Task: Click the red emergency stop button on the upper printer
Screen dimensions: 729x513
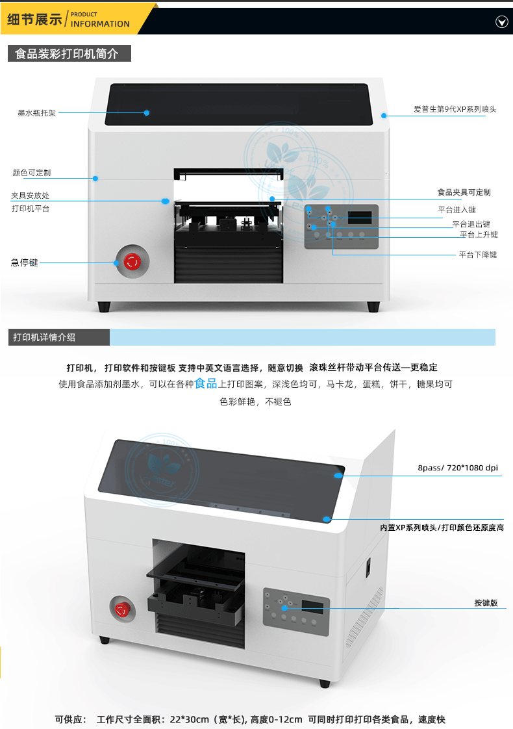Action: pos(132,261)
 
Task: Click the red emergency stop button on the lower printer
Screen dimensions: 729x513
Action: pos(121,609)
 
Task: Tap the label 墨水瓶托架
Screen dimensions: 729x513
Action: pos(37,113)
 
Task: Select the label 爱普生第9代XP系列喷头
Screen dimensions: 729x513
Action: pos(455,109)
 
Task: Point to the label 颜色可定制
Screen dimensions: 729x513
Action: pos(32,173)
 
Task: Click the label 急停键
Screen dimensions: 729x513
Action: pos(25,262)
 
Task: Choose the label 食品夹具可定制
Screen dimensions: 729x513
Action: pos(464,192)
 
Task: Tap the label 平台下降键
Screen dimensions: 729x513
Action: pos(477,255)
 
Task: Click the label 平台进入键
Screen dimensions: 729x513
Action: pos(457,210)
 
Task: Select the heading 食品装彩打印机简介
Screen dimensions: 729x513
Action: pos(67,54)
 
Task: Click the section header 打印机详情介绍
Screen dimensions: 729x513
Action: pos(44,337)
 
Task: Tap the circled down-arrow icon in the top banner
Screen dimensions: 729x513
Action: pos(501,22)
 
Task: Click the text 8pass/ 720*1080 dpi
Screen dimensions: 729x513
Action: pos(458,468)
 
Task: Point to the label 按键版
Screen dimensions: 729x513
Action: pos(485,603)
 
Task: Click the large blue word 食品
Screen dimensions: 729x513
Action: pos(206,383)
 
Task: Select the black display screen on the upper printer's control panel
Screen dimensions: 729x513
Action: pos(362,217)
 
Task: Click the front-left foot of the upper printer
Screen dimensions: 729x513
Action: pos(104,306)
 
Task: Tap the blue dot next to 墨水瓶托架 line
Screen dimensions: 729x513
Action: pos(147,113)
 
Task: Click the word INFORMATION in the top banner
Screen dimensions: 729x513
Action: pos(100,24)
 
